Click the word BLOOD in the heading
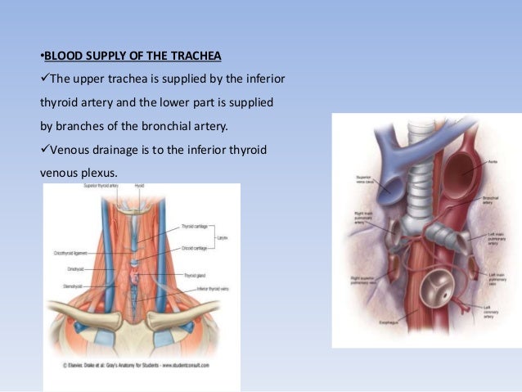click(x=61, y=56)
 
